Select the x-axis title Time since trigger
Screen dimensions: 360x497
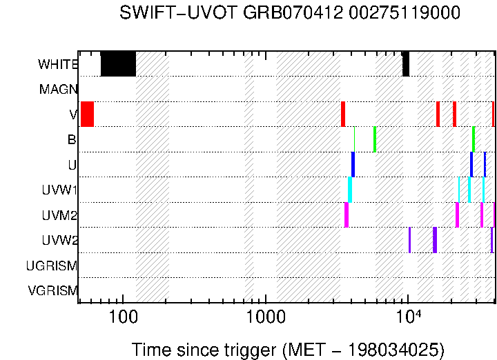click(x=288, y=349)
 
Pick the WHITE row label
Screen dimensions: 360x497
click(x=58, y=64)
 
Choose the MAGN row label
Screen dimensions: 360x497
click(x=59, y=89)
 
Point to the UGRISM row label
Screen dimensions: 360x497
click(x=52, y=266)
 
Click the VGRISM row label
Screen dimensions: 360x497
click(x=52, y=290)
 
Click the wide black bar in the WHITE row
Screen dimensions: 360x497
click(x=118, y=64)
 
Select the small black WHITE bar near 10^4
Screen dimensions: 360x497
click(x=406, y=64)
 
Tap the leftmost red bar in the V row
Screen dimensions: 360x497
click(x=87, y=114)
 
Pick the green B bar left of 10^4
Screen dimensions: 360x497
click(x=375, y=139)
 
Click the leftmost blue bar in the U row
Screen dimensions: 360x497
click(x=353, y=164)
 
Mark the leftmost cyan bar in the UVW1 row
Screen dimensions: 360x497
click(x=350, y=190)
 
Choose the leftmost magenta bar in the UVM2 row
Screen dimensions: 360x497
click(x=347, y=214)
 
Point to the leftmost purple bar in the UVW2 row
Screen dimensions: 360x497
click(x=409, y=240)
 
